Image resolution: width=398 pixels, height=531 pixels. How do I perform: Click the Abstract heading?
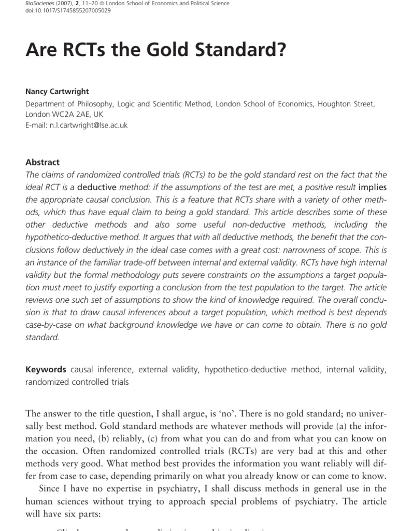42,162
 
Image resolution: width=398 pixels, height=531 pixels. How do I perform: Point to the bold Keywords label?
46,370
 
